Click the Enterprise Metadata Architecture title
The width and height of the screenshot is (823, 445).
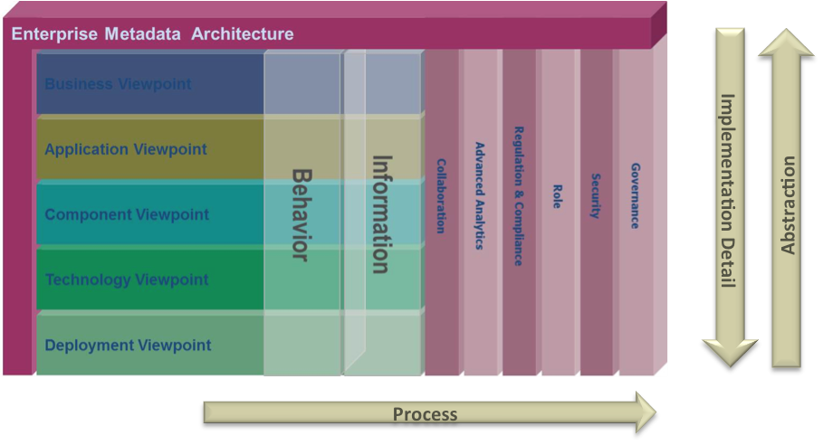[x=153, y=34]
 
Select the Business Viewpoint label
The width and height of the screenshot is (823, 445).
[x=118, y=84]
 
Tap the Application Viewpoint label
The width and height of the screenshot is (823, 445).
[x=126, y=149]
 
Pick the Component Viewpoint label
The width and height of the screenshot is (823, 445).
[x=127, y=214]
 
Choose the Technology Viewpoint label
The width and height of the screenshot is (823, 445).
[x=127, y=279]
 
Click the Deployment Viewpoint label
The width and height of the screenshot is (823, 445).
[x=128, y=345]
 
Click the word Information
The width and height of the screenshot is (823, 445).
[x=382, y=214]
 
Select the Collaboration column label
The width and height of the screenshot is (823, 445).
[x=441, y=196]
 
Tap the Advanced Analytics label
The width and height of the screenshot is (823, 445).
[x=480, y=195]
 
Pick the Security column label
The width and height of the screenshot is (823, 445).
[x=596, y=196]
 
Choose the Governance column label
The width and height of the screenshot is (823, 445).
[x=636, y=196]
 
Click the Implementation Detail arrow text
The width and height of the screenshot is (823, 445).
[x=728, y=190]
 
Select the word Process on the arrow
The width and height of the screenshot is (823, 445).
[x=425, y=414]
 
